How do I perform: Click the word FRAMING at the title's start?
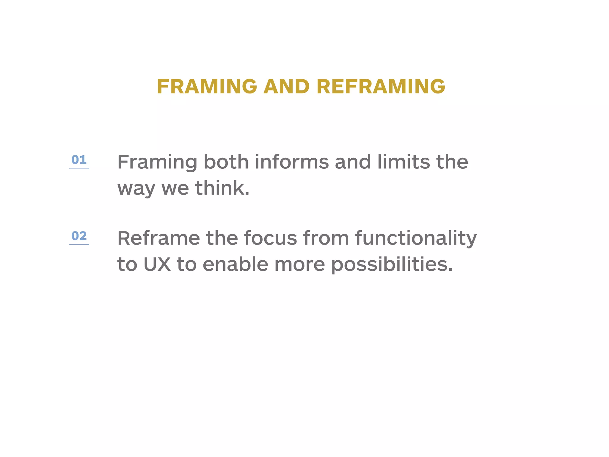coord(207,87)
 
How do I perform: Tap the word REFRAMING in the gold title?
coord(381,87)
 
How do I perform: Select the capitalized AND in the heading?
coord(287,87)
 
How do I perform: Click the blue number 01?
coord(79,160)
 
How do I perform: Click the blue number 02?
coord(79,236)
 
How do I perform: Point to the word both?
coord(226,162)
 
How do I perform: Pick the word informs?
coord(292,162)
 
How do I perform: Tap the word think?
coord(222,188)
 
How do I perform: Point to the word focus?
coord(270,238)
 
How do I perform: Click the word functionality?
coord(416,238)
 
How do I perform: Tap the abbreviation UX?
coord(157,264)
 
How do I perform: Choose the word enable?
coord(236,264)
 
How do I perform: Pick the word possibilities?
coord(392,264)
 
